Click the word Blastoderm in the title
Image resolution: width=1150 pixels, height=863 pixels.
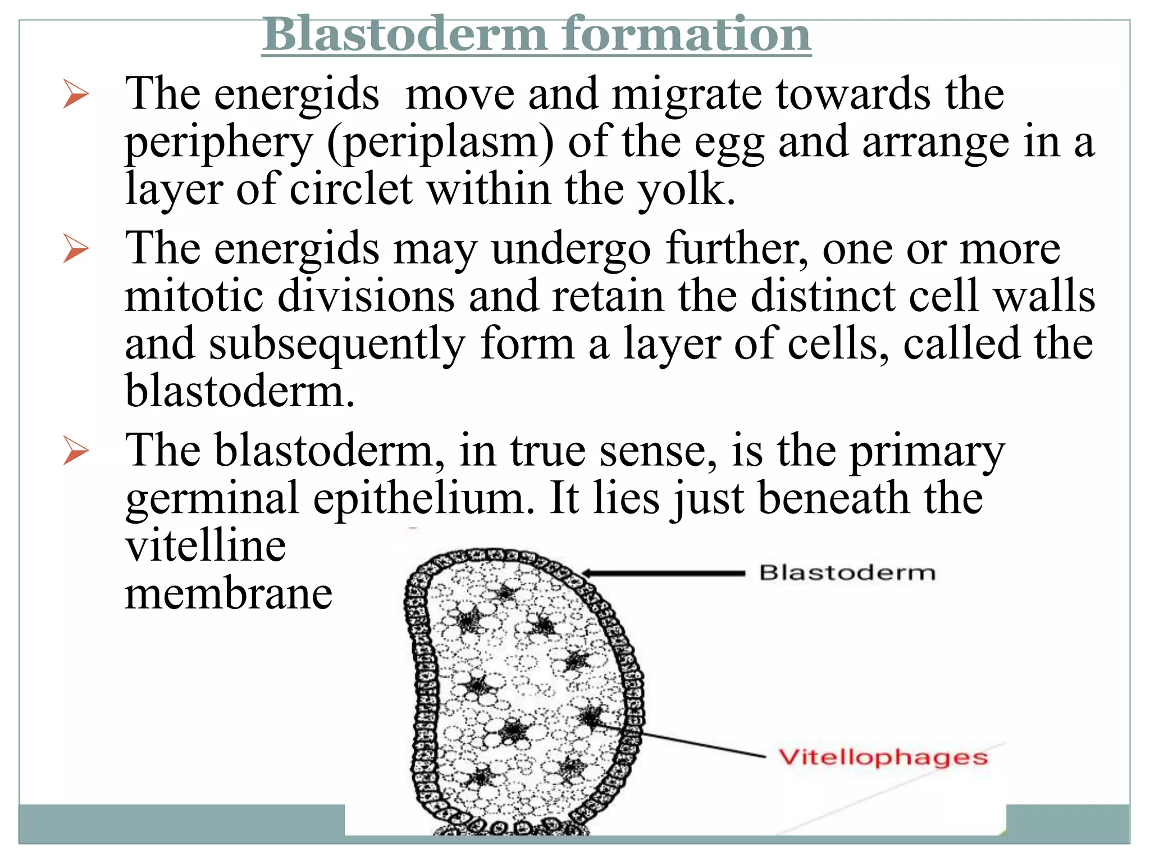click(405, 35)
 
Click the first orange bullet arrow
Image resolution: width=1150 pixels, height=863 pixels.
click(76, 94)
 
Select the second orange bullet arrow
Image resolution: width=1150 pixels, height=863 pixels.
click(76, 248)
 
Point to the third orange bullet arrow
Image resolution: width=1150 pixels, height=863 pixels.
click(76, 451)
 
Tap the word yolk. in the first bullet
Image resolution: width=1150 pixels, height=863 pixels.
click(686, 190)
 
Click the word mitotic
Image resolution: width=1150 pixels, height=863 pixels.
click(194, 296)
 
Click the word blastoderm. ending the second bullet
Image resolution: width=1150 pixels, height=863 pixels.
click(240, 391)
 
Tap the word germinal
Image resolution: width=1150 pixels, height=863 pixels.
click(212, 499)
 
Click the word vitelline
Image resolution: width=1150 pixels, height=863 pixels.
click(206, 546)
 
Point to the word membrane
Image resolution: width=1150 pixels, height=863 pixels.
click(229, 594)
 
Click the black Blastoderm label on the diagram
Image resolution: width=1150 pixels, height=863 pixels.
click(847, 573)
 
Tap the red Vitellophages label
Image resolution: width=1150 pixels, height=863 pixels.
click(883, 757)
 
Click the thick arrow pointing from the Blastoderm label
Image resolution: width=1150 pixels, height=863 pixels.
click(663, 573)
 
